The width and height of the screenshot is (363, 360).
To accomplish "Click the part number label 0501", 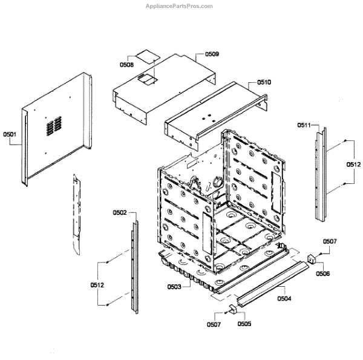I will click(x=10, y=134).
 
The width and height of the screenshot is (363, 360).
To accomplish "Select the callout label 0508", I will click(x=126, y=64).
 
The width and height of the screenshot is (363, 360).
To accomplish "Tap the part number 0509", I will click(x=212, y=54).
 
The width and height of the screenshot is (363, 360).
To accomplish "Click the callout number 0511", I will click(x=304, y=125).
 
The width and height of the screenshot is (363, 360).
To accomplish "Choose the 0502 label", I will click(x=119, y=212).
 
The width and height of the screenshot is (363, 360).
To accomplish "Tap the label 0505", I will click(x=244, y=324).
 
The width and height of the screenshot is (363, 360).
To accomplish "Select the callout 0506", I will click(x=324, y=273).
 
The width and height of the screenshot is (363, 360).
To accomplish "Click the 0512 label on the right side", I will click(x=353, y=164).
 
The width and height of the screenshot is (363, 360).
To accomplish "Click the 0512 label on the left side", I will click(x=98, y=285).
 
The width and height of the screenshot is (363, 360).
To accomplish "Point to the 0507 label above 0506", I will click(x=329, y=241).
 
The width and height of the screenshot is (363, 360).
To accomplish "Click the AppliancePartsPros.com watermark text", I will click(x=179, y=6).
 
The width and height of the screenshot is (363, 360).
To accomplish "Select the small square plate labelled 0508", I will click(x=145, y=54).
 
